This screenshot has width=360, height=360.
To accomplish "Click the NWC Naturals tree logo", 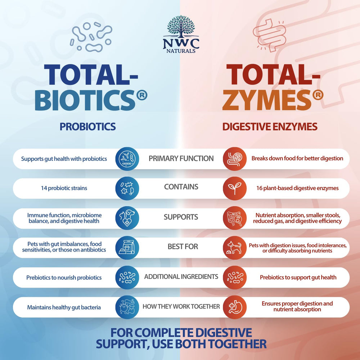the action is pyautogui.click(x=181, y=34).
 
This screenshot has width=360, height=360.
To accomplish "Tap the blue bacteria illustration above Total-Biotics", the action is pyautogui.click(x=91, y=37).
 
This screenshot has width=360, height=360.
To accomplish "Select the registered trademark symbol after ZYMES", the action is pyautogui.click(x=318, y=95).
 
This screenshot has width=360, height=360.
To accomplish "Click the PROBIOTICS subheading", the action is pyautogui.click(x=88, y=126).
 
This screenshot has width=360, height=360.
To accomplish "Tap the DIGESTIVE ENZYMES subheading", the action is pyautogui.click(x=270, y=126).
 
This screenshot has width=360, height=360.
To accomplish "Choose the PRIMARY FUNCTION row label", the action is pyautogui.click(x=181, y=158).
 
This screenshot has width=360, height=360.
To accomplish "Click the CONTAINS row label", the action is pyautogui.click(x=181, y=186).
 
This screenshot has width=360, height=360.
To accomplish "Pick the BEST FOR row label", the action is pyautogui.click(x=183, y=246).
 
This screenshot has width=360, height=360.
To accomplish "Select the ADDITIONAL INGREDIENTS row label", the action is pyautogui.click(x=181, y=276).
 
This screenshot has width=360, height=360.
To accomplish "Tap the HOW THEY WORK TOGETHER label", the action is pyautogui.click(x=181, y=306).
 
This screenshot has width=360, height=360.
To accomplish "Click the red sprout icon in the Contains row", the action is pyautogui.click(x=235, y=188).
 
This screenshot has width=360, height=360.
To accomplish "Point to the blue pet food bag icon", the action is pyautogui.click(x=127, y=248).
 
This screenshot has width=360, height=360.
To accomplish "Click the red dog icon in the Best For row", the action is pyautogui.click(x=235, y=248).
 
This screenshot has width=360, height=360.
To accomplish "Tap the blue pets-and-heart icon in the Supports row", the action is pyautogui.click(x=127, y=218).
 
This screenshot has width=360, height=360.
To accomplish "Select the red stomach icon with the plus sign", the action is pyautogui.click(x=235, y=307).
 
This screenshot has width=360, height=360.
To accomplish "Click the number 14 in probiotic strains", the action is pyautogui.click(x=44, y=188).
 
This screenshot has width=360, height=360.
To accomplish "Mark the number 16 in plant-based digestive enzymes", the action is pyautogui.click(x=260, y=188).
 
